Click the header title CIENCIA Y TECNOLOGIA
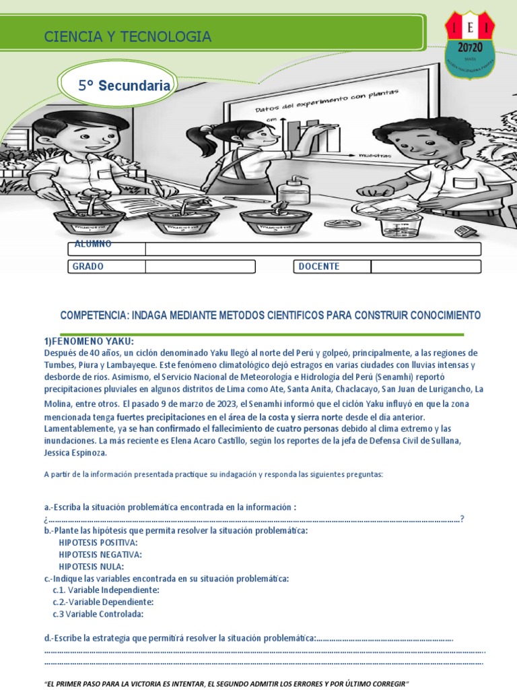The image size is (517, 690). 128,37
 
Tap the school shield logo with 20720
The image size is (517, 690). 469,44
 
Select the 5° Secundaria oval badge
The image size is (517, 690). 125,86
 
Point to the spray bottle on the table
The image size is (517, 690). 294,191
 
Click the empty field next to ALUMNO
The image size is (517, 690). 313,249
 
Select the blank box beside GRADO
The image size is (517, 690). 200,267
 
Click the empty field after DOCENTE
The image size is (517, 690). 425,267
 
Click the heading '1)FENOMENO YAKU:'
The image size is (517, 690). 89,341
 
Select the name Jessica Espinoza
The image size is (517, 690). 75,453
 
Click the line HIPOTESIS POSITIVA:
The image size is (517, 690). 98,542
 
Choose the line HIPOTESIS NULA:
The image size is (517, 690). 92,567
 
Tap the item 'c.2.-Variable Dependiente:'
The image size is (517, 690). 103,602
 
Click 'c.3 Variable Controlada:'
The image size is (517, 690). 98,614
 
